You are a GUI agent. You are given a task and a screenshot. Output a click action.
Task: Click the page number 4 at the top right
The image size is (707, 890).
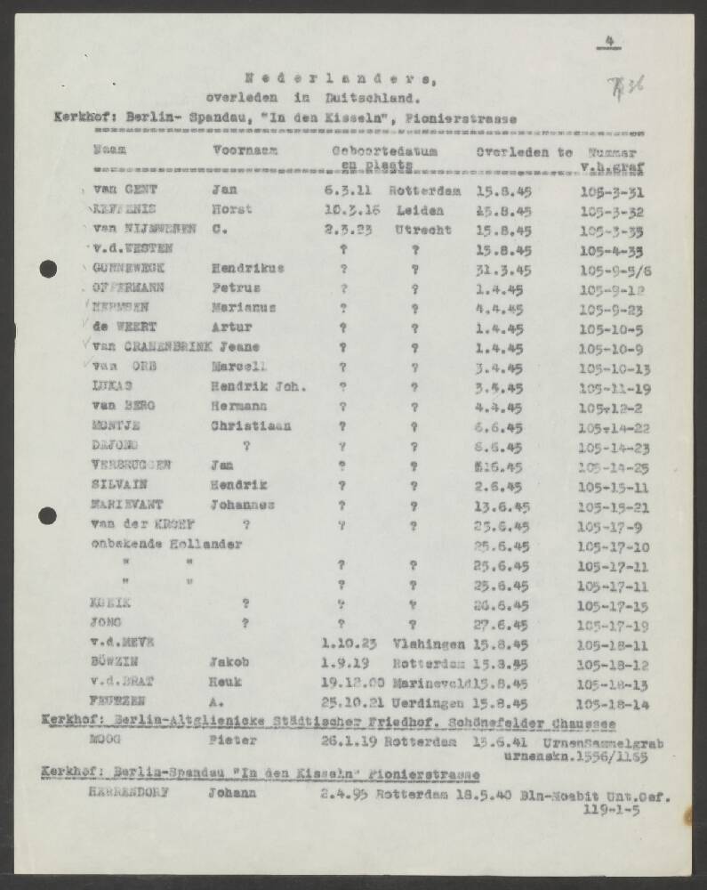tap(610, 38)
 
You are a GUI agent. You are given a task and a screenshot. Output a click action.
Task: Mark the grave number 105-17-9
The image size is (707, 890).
tap(609, 525)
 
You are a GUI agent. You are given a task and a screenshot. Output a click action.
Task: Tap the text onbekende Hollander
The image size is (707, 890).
tap(167, 544)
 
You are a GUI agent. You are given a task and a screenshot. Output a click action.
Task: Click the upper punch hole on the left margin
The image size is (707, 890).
tap(48, 268)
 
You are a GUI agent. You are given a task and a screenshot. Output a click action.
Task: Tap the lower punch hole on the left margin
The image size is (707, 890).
tap(48, 514)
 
